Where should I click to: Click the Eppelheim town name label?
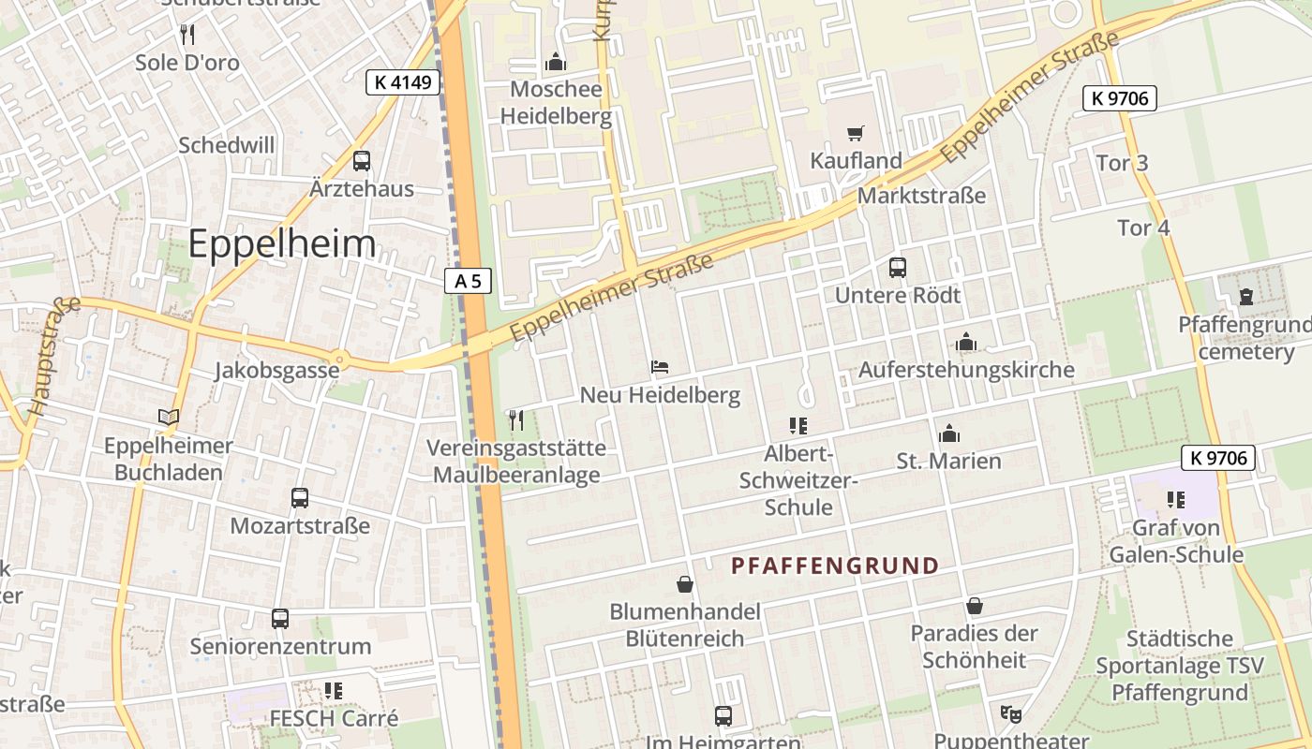pos(281,244)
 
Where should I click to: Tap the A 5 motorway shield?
pos(468,281)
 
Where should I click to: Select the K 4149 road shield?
pos(402,82)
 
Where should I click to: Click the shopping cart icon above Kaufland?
pos(855,133)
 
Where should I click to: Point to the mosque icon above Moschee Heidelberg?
pos(556,63)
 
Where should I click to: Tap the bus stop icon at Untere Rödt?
pos(897,268)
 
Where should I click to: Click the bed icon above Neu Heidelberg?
pos(660,367)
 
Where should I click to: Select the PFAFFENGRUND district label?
pos(834,565)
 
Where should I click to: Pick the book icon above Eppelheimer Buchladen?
pos(169,418)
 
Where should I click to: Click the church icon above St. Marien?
pos(948,433)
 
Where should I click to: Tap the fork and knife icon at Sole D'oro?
pos(187,36)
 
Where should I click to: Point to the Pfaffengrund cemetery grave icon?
pos(1245,297)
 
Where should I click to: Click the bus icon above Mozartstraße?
pos(300,498)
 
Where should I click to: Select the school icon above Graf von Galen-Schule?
pos(1175,500)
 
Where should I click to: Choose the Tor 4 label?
pos(1143,228)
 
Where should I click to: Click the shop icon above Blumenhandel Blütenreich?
pos(685,584)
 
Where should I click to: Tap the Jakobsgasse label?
pos(276,370)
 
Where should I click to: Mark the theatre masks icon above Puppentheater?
pos(1010,713)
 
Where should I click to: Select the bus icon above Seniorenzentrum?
pos(280,618)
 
